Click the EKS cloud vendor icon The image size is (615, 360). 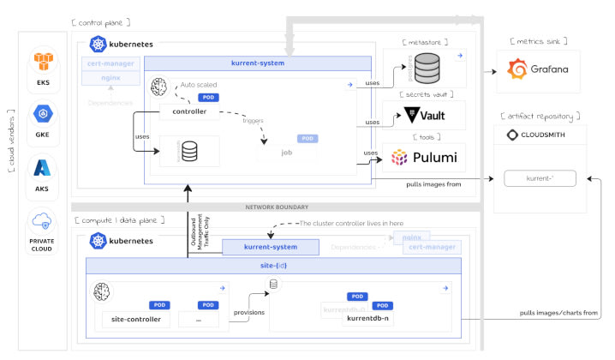click(43, 61)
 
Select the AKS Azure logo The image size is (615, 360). click(43, 166)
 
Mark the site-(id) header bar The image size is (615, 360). click(272, 267)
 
